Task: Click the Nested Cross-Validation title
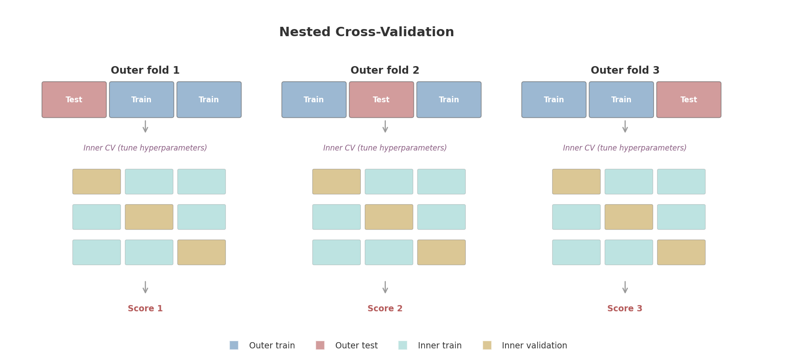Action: coord(366,32)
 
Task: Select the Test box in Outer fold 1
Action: coord(74,100)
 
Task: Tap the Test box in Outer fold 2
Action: coord(381,100)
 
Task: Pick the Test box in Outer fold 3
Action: coord(689,100)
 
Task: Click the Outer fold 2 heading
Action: coord(385,71)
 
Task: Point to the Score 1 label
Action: coord(145,309)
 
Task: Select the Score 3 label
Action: coord(625,309)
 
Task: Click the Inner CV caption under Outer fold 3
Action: coord(625,148)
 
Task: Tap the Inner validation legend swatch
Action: coord(487,345)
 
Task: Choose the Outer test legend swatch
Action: coord(320,345)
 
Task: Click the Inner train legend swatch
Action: coord(403,345)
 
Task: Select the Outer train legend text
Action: coord(272,346)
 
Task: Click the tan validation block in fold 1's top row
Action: coord(97,182)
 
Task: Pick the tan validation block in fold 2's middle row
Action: coord(389,217)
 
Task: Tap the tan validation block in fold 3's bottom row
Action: coord(681,252)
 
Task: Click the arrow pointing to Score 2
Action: coord(385,287)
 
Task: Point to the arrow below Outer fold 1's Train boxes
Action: coord(146,126)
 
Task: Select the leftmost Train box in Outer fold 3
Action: coord(554,100)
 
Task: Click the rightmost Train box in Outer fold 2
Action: coord(449,100)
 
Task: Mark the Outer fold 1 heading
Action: coord(145,71)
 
